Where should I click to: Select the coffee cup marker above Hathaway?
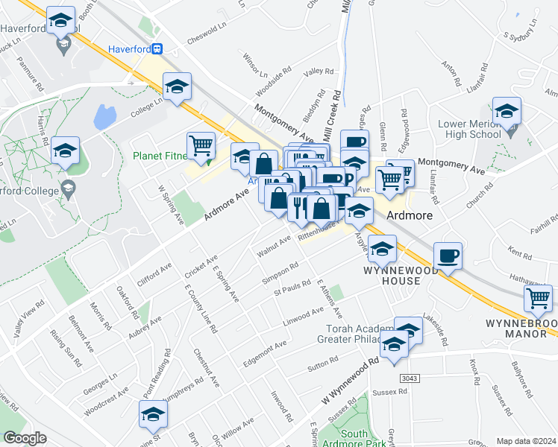tap(448, 256)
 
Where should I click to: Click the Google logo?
tap(25, 438)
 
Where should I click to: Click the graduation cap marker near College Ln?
tap(178, 86)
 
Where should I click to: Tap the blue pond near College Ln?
tap(104, 116)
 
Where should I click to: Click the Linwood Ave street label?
tap(302, 314)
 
